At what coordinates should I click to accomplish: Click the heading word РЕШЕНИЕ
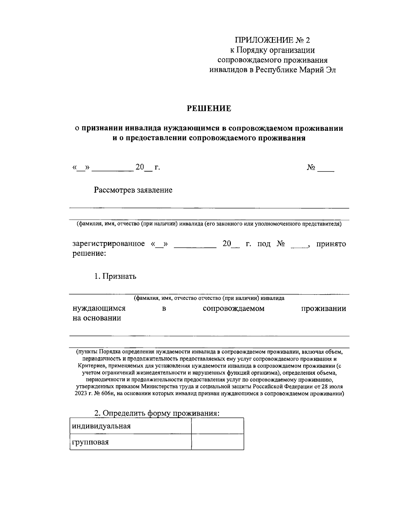point(209,109)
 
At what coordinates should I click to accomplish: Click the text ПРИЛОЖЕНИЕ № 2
point(272,40)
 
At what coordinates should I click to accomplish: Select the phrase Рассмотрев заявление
point(133,190)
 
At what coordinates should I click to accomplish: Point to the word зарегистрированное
point(108,244)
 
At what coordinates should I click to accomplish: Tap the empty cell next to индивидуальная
point(217,426)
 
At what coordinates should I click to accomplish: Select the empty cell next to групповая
point(217,442)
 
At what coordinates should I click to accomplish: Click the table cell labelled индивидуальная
point(130,426)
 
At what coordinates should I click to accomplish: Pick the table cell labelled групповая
point(130,442)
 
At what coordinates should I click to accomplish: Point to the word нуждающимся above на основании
point(99,309)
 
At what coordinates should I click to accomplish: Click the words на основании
point(97,318)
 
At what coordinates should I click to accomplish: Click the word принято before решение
point(331,244)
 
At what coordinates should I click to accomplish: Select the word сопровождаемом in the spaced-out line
point(233,309)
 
